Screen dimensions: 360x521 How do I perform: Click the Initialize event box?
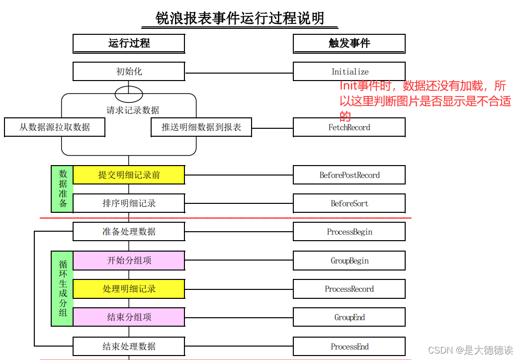tap(349, 72)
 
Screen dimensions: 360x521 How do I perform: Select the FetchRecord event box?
tap(349, 127)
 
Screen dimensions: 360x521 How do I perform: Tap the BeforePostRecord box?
tap(349, 175)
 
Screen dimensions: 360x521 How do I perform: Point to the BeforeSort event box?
tap(349, 203)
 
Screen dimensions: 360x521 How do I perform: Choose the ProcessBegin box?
tap(349, 232)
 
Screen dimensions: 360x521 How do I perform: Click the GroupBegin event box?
tap(349, 261)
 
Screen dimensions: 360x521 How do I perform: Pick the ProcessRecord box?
tap(349, 289)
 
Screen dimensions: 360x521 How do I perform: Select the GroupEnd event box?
tap(349, 317)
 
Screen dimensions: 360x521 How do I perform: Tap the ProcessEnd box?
tap(349, 347)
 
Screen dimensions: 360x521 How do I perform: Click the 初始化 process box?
tap(129, 72)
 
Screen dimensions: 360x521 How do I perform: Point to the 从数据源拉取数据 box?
tap(55, 127)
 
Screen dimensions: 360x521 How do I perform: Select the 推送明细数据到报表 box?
tap(201, 127)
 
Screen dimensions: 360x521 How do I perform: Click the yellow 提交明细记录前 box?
tap(129, 175)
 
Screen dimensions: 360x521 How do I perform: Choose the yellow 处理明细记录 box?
tap(129, 289)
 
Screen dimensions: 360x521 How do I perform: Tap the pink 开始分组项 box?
tap(129, 261)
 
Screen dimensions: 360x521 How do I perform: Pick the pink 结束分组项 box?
tap(129, 317)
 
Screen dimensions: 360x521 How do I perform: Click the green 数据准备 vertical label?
tap(63, 189)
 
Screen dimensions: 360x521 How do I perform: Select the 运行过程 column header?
tap(129, 43)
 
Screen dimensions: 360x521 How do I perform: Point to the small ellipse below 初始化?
tap(129, 94)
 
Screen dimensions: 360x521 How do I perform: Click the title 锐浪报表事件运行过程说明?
tap(240, 19)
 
